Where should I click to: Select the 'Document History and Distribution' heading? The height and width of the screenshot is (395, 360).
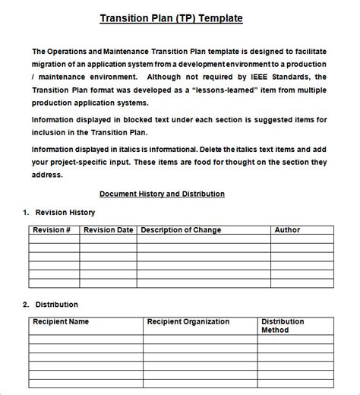pyautogui.click(x=162, y=194)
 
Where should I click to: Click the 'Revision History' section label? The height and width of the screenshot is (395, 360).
pyautogui.click(x=64, y=212)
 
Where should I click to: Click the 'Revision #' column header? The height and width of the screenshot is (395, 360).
pyautogui.click(x=52, y=229)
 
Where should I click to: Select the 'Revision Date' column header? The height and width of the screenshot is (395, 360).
pyautogui.click(x=108, y=229)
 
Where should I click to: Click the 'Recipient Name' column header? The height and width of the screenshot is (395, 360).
pyautogui.click(x=61, y=321)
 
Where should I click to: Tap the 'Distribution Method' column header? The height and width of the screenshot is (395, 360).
pyautogui.click(x=283, y=326)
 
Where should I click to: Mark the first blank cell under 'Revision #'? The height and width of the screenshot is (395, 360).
pyautogui.click(x=54, y=239)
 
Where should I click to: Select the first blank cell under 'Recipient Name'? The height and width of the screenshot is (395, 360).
pyautogui.click(x=86, y=339)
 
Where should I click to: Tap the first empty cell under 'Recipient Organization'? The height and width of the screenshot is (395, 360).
pyautogui.click(x=201, y=339)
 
